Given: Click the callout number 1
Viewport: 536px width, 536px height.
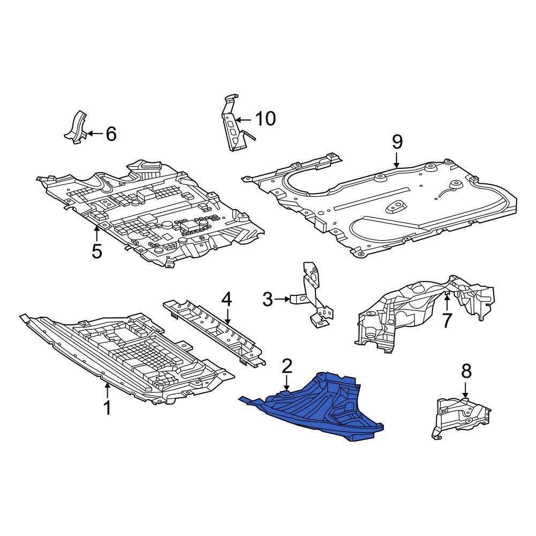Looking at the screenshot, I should point(107,408).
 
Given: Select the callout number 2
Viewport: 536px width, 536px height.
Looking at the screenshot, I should point(287,367).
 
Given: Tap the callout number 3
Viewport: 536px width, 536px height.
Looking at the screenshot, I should point(268,299).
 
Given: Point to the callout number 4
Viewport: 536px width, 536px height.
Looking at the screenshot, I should point(227,299).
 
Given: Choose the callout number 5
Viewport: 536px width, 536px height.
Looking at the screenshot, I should point(96,250).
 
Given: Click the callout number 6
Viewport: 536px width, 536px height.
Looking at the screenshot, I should point(110,133).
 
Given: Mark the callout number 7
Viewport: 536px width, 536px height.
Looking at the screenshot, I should point(447,319).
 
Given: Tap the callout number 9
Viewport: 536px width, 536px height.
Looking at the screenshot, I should point(397,142).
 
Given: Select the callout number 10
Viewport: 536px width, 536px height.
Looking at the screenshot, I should point(265,118).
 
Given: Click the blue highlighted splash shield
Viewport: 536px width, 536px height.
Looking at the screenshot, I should point(322,407).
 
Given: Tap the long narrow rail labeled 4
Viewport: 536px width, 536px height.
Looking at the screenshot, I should point(214,330).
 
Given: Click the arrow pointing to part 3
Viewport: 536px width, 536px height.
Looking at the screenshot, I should point(284,299).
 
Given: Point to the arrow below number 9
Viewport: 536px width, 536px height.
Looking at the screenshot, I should point(397,160).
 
